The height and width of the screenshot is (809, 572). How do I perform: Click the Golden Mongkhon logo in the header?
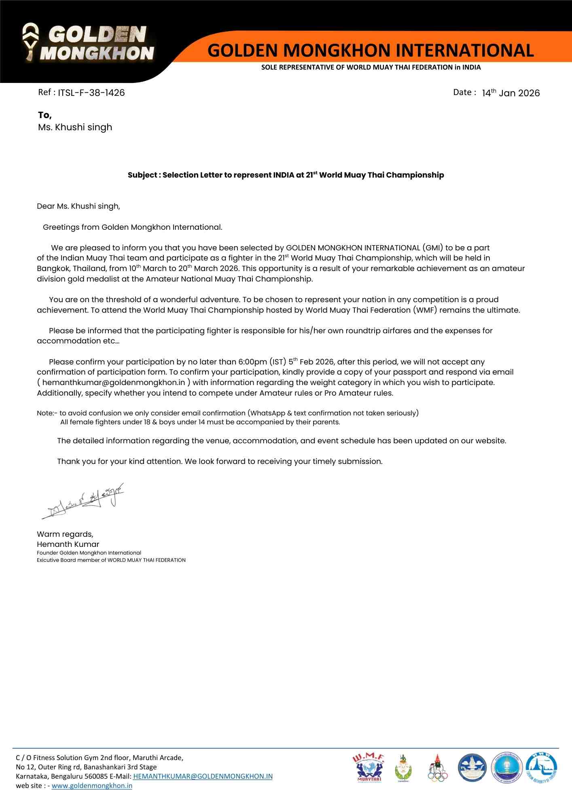pos(88,43)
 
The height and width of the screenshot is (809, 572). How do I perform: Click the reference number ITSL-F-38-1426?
pos(91,93)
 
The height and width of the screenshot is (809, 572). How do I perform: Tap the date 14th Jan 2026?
pos(511,93)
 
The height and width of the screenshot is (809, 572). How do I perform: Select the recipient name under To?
pos(75,127)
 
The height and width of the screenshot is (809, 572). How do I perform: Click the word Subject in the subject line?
pos(142,175)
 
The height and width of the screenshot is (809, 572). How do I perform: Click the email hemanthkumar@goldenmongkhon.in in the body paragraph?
pos(114,383)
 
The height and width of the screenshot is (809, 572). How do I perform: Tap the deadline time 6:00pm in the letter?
pos(252,362)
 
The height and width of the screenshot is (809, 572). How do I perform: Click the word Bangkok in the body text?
pos(53,269)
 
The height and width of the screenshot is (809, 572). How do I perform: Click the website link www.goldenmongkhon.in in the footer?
pos(92,786)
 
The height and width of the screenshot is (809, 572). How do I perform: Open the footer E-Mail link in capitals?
pos(203,776)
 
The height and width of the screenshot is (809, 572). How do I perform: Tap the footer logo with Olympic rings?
pos(438,768)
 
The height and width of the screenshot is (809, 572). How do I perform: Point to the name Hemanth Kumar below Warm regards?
pos(68,544)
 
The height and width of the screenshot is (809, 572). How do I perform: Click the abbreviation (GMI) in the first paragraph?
pos(432,248)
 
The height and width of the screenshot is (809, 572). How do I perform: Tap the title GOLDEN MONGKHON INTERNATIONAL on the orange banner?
pos(371,51)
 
